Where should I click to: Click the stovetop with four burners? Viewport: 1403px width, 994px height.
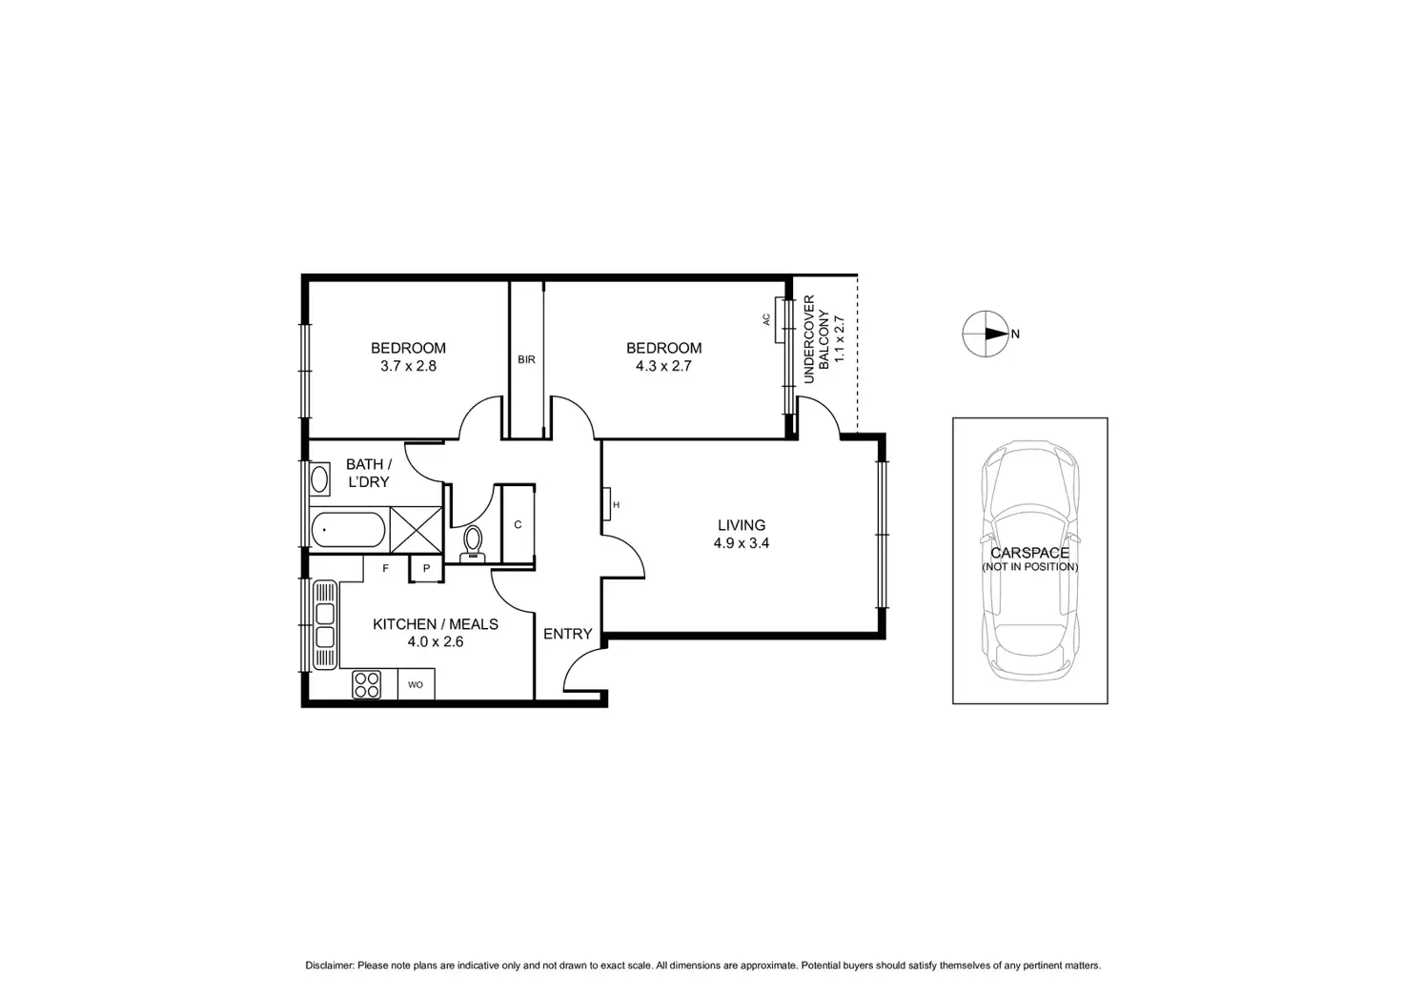[367, 683]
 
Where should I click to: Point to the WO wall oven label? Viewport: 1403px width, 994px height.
[416, 684]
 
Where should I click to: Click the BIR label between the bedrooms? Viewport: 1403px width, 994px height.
[526, 360]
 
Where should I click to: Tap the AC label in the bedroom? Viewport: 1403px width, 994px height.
[766, 320]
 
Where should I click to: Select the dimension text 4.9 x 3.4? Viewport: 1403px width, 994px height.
[741, 544]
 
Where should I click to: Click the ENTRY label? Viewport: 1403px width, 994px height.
[568, 634]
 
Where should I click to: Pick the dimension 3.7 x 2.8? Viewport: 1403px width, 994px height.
[408, 365]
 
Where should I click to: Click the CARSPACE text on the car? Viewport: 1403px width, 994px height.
[1029, 553]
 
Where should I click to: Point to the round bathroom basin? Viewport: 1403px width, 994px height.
[319, 477]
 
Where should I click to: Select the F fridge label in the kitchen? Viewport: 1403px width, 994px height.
[386, 569]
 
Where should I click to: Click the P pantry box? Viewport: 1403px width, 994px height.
[426, 569]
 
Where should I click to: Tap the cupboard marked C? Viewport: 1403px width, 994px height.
[518, 525]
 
